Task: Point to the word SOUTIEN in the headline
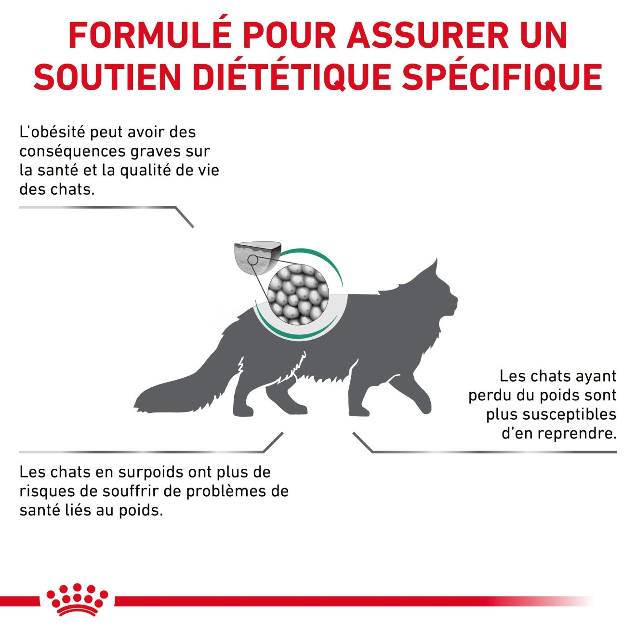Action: [x=107, y=77]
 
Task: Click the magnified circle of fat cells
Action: [x=298, y=295]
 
